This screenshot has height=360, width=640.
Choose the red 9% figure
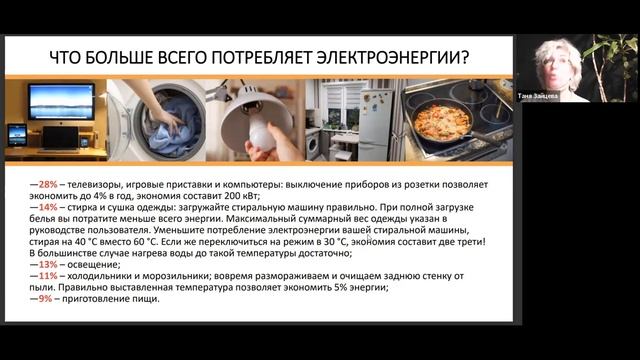(x=44, y=297)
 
